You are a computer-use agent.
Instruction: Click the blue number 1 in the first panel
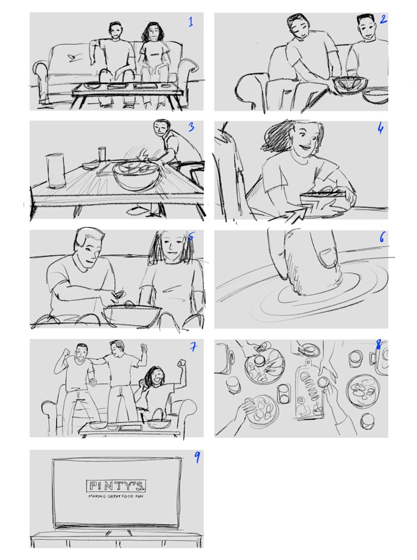point(191,23)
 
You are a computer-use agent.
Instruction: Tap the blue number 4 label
point(380,130)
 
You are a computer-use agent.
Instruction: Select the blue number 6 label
point(381,237)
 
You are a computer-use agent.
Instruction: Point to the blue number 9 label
point(197,458)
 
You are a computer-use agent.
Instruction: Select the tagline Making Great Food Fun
point(116,497)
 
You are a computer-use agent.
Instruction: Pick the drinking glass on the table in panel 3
point(102,153)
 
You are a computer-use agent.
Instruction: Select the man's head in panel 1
point(115,30)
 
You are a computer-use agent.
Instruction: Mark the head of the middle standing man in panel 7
point(117,347)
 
